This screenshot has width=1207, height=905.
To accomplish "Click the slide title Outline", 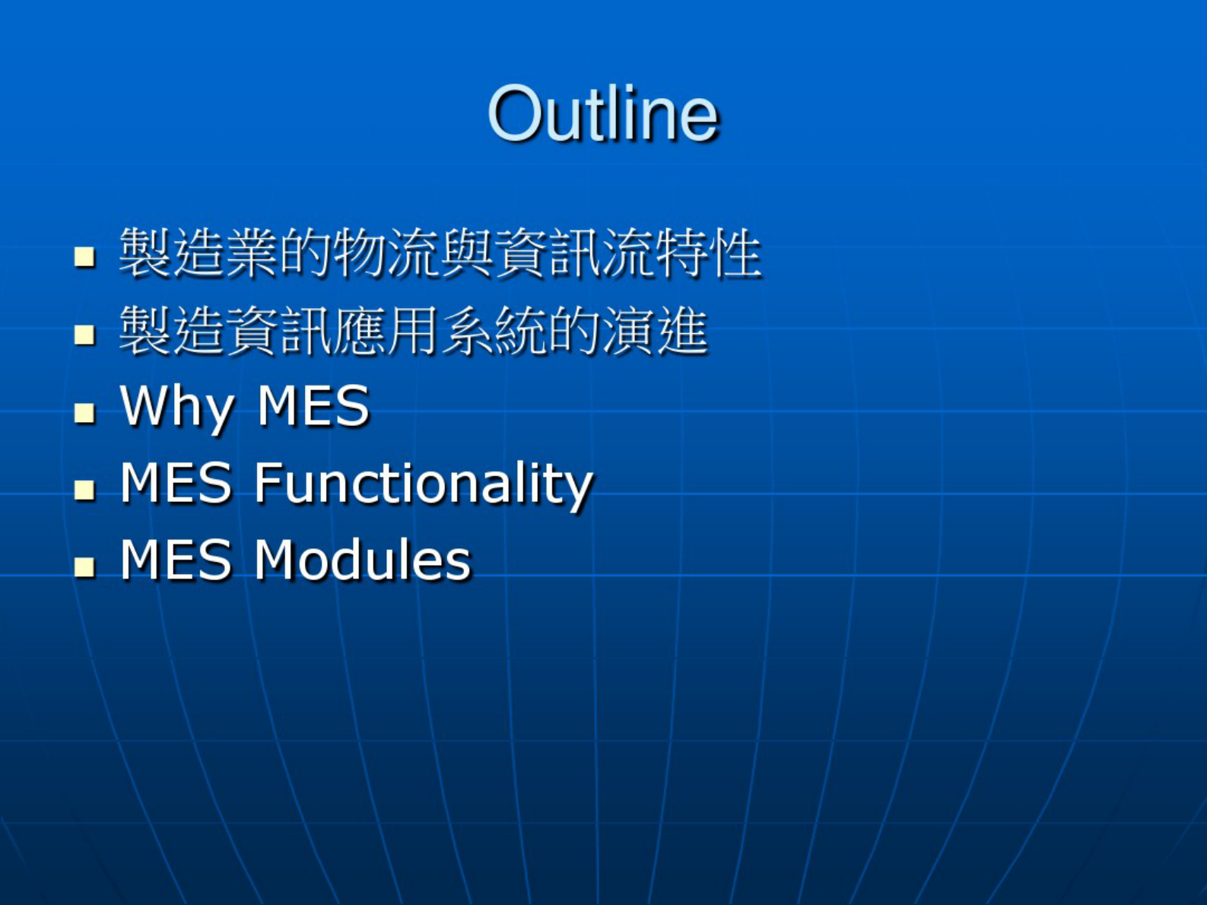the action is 603,114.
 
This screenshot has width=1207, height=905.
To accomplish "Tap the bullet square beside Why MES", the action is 84,412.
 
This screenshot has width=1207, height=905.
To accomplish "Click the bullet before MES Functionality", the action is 84,489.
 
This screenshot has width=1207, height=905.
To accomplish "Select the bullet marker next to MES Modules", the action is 84,567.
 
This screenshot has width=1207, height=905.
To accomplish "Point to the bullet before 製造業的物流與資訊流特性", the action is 84,257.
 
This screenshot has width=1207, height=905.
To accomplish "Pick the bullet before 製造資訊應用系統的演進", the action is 84,335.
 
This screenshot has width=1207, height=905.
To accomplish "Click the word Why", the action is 176,408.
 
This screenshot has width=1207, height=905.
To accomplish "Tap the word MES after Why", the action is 313,406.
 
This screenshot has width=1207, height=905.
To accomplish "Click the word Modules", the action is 363,560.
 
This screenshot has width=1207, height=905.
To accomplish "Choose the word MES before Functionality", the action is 176,483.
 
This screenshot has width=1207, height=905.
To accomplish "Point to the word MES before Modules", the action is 176,560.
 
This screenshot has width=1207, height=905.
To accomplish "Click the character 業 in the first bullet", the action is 253,252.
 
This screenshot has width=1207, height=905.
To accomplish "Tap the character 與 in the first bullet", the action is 468,252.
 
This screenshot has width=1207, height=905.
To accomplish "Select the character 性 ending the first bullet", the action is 735,252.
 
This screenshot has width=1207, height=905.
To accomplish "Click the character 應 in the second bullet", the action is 361,331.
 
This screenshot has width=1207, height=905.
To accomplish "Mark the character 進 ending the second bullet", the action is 682,331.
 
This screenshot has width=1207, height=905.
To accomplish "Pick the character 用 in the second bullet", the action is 414,331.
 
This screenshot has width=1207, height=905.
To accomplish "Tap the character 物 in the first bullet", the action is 361,252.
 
